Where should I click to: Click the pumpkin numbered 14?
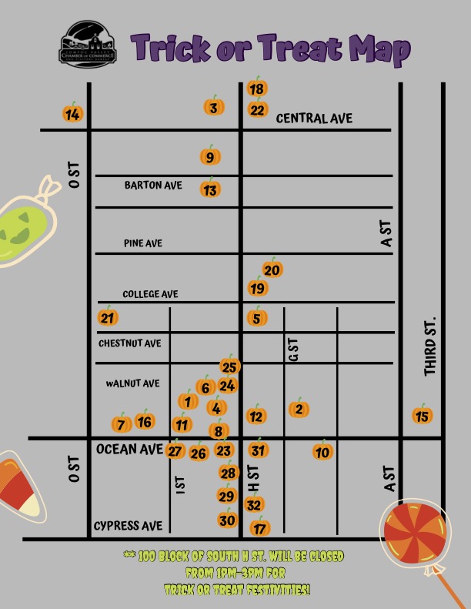72,114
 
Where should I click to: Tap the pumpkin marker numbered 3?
214,107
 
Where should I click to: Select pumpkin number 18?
257,89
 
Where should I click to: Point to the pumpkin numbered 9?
210,157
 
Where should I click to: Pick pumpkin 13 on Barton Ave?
210,189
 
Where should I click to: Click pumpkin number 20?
272,269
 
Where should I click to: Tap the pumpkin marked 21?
108,317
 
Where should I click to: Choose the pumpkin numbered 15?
422,416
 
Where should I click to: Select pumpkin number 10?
322,451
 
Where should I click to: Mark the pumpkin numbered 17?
261,527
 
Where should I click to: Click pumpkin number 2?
299,409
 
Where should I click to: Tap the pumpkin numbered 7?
121,423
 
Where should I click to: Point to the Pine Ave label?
143,243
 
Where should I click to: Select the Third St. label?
429,346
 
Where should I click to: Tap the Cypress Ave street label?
128,526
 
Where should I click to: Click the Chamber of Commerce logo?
88,44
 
